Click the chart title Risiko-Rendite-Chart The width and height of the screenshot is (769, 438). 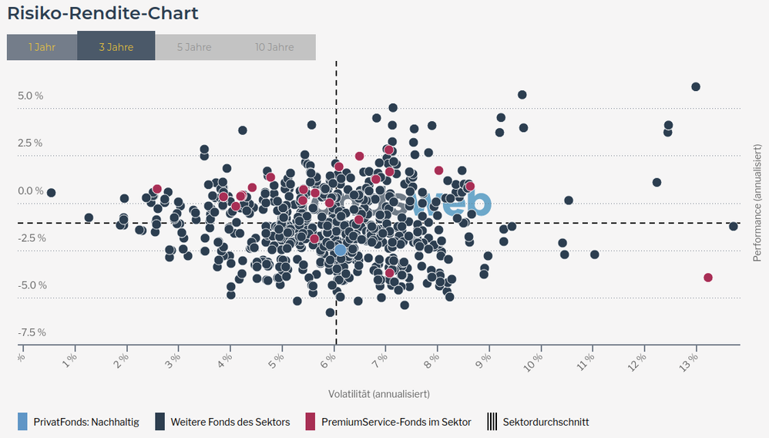coord(102,13)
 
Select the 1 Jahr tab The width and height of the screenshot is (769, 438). coord(42,46)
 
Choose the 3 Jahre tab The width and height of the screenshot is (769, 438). coord(116,46)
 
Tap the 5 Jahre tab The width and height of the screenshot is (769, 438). coord(194,46)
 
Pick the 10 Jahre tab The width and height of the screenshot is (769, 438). coord(274,46)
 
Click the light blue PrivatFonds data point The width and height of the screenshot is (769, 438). coord(341,250)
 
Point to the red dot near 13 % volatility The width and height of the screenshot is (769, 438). coord(708,278)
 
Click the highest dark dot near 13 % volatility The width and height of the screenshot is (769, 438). coord(696,86)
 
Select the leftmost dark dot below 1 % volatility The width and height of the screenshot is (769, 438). coord(51,192)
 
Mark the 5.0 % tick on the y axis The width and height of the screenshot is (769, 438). coord(31,96)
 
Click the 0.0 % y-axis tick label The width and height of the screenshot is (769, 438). coord(31,191)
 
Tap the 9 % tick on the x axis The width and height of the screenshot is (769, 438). coord(485,359)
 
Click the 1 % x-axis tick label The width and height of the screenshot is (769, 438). coord(70,359)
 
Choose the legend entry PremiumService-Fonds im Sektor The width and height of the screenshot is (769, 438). coord(396,422)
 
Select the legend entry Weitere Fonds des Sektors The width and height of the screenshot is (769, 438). coord(230,422)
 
